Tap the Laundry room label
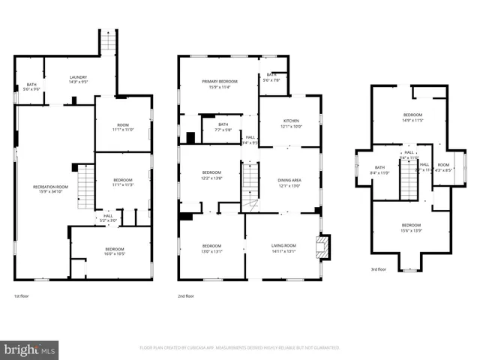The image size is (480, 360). (79, 79)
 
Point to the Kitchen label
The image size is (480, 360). (290, 123)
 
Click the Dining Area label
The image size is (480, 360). (289, 182)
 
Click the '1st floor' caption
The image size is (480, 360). (22, 297)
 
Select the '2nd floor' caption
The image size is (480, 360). (186, 297)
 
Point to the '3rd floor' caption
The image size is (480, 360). (379, 269)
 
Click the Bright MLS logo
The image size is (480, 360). (29, 349)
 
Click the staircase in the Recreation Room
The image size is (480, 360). (87, 187)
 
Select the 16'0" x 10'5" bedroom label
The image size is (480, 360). (114, 251)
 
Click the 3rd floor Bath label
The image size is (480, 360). (379, 169)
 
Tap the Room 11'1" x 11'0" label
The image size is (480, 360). (122, 127)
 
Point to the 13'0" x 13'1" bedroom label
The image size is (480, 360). (211, 247)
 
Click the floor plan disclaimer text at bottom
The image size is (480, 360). (239, 348)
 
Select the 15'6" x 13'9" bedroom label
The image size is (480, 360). (410, 227)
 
